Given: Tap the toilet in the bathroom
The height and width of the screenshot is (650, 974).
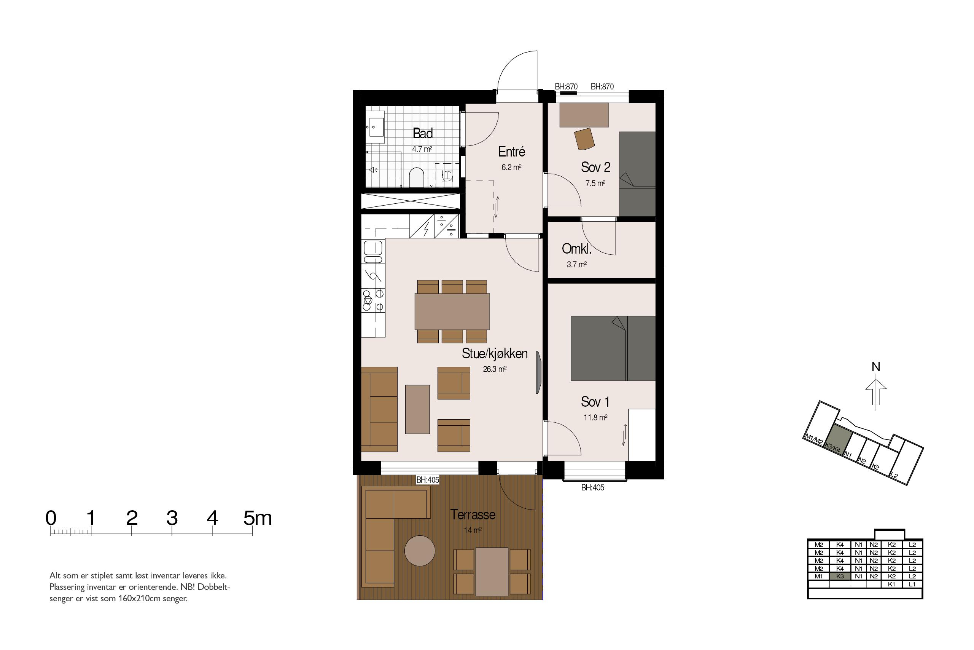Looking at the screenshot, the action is tap(416, 178).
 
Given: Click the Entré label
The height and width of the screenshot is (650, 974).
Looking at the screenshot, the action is tap(512, 152).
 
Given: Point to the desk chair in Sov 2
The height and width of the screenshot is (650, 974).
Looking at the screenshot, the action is tap(584, 139).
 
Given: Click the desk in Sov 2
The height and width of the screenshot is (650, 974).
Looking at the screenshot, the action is tap(584, 115).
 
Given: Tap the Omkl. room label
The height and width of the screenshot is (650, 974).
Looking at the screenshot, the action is tap(576, 249).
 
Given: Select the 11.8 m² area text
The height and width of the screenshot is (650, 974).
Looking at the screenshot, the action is tap(595, 418).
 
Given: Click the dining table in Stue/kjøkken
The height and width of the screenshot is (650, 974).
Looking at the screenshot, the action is tap(452, 311).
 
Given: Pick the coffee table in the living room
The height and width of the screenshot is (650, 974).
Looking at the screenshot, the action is tap(417, 409).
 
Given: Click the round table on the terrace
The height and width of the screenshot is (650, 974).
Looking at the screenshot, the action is tap(420, 551).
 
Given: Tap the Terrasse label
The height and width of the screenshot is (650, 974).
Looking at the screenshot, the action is tap(473, 514).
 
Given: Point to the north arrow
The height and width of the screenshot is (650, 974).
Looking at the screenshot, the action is tap(876, 392).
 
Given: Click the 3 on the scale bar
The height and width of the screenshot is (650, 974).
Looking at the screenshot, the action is tap(172, 518).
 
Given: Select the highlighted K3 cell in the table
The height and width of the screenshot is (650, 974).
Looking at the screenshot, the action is tap(840, 576).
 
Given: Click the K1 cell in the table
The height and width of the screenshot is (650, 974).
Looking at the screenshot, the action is tap(891, 584).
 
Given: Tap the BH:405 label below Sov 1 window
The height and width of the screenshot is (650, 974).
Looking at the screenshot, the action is tap(593, 488).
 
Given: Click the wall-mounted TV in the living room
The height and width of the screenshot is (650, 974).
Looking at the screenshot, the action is tap(539, 372).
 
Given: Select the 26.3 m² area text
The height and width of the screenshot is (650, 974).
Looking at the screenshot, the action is tap(495, 369).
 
